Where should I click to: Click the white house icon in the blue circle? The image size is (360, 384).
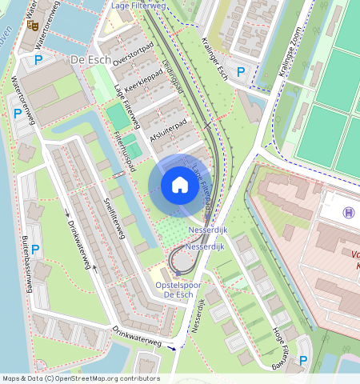coord(180,186)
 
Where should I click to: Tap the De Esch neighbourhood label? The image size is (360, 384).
coord(90,60)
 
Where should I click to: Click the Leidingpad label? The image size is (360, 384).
coord(172,74)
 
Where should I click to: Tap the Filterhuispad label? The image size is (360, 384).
coord(124,154)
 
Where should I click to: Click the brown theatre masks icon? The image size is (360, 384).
coord(34,25)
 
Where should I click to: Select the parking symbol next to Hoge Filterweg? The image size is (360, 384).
coord(303,362)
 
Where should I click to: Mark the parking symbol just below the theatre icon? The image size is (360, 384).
coord(38,59)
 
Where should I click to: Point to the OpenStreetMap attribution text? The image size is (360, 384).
coord(80,378)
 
